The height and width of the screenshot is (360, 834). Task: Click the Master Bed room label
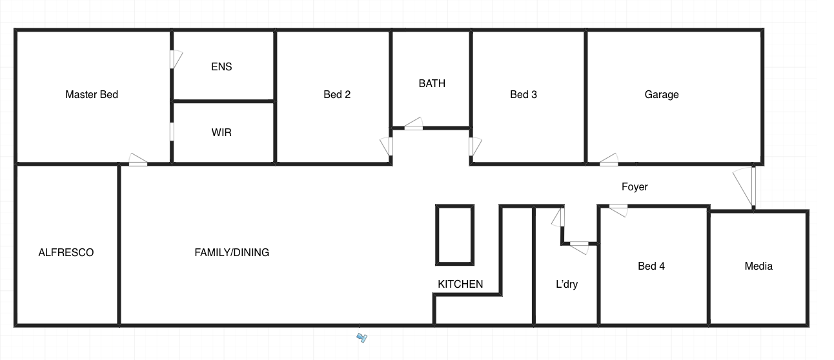pyautogui.click(x=92, y=95)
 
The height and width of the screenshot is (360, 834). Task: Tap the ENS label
pyautogui.click(x=221, y=66)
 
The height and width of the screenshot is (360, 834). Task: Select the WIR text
pyautogui.click(x=221, y=132)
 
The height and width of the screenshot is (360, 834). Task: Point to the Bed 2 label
pyautogui.click(x=337, y=95)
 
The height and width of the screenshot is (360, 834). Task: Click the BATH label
pyautogui.click(x=432, y=83)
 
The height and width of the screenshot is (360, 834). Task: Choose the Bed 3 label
pyautogui.click(x=524, y=95)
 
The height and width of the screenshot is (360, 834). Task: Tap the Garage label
pyautogui.click(x=662, y=95)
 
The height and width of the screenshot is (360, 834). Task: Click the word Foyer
pyautogui.click(x=635, y=187)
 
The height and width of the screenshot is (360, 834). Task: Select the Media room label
pyautogui.click(x=758, y=266)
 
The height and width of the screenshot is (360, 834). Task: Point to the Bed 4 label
pyautogui.click(x=651, y=266)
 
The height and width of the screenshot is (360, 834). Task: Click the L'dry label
pyautogui.click(x=567, y=285)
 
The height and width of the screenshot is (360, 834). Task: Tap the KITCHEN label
pyautogui.click(x=460, y=285)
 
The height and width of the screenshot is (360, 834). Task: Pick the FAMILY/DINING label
pyautogui.click(x=232, y=252)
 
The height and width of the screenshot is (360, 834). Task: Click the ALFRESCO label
pyautogui.click(x=66, y=252)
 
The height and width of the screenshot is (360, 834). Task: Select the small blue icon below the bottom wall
pyautogui.click(x=362, y=337)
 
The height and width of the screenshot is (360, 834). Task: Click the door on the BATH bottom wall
pyautogui.click(x=413, y=124)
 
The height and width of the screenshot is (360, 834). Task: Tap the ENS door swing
pyautogui.click(x=176, y=59)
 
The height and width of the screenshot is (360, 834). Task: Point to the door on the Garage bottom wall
pyautogui.click(x=609, y=160)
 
